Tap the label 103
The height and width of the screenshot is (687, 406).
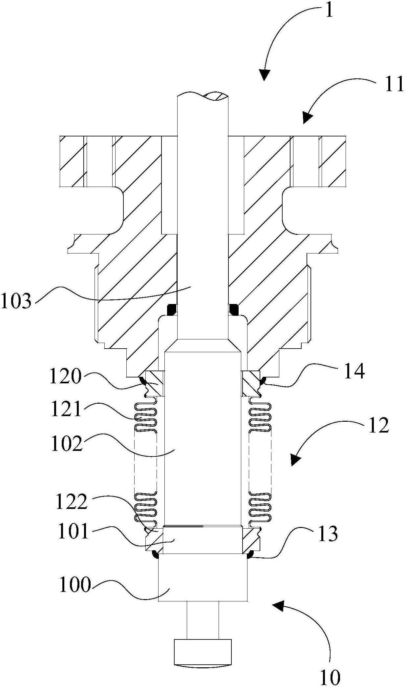16,300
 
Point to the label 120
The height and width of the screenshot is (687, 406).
65,376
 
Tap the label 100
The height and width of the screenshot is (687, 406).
75,585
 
